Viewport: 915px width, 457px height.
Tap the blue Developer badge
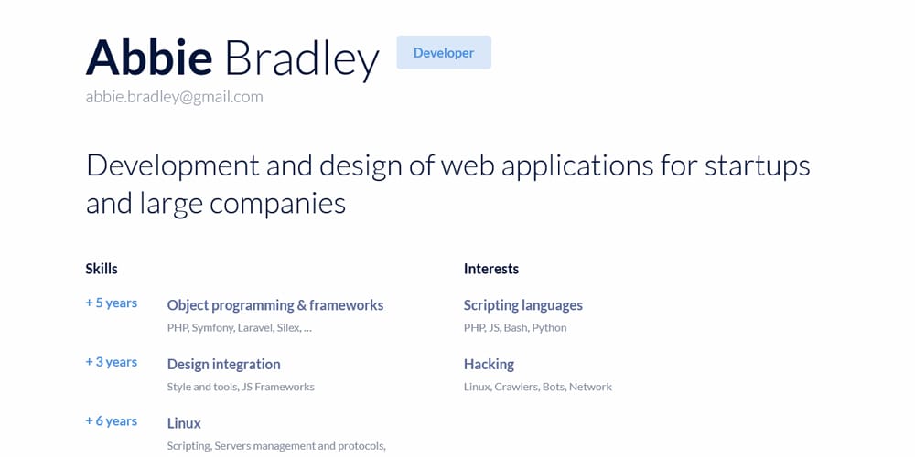pyautogui.click(x=444, y=53)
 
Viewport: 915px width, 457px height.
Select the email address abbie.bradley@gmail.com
pyautogui.click(x=174, y=96)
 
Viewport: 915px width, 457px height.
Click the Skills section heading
pyautogui.click(x=102, y=269)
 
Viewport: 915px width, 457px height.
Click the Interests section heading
pyautogui.click(x=491, y=269)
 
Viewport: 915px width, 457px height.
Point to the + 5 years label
pyautogui.click(x=112, y=303)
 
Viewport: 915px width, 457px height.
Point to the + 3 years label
pyautogui.click(x=112, y=362)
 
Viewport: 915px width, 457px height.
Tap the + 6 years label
pyautogui.click(x=112, y=421)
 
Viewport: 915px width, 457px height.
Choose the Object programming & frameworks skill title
pyautogui.click(x=275, y=305)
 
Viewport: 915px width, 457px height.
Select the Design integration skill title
pyautogui.click(x=223, y=364)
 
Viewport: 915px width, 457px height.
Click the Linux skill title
pyautogui.click(x=184, y=423)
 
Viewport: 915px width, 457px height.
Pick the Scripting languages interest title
pyautogui.click(x=523, y=305)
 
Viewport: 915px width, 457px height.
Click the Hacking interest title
pyautogui.click(x=489, y=364)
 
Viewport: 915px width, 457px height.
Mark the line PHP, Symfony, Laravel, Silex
pyautogui.click(x=240, y=327)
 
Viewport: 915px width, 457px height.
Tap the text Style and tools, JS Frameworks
pyautogui.click(x=241, y=387)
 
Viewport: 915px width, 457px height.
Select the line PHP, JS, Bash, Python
pyautogui.click(x=515, y=327)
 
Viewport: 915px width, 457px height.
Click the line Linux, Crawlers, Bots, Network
pyautogui.click(x=538, y=387)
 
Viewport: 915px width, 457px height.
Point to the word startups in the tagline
pyautogui.click(x=758, y=166)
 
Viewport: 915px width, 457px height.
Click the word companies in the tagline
pyautogui.click(x=277, y=203)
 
